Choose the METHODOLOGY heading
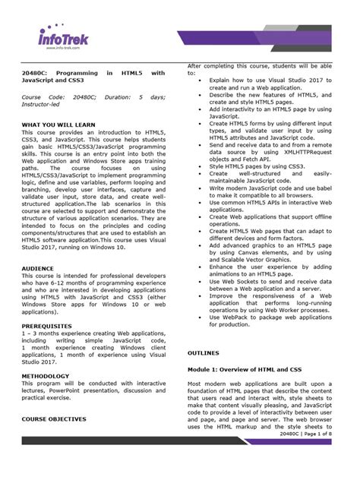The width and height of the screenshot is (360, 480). click(x=46, y=376)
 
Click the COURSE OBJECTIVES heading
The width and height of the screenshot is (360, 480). click(x=54, y=418)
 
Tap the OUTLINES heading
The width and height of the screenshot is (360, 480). click(x=204, y=354)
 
